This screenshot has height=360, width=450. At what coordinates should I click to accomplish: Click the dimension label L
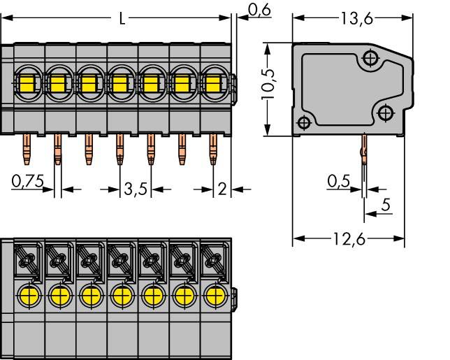[x=122, y=19]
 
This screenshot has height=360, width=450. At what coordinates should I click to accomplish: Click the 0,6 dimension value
[x=259, y=9]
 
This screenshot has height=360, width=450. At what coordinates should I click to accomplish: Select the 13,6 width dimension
[x=356, y=19]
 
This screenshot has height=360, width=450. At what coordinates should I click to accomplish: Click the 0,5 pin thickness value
[x=338, y=181]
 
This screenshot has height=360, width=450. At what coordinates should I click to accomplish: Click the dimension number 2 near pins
[x=222, y=189]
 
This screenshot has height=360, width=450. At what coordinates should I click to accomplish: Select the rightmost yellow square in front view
[x=213, y=85]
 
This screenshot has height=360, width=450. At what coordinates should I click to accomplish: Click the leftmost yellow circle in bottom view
[x=29, y=294]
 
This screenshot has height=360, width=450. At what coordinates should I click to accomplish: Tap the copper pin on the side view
[x=363, y=150]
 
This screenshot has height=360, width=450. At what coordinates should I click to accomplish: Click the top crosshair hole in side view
[x=370, y=59]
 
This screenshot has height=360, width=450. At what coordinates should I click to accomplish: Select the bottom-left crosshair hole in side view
[x=303, y=121]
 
